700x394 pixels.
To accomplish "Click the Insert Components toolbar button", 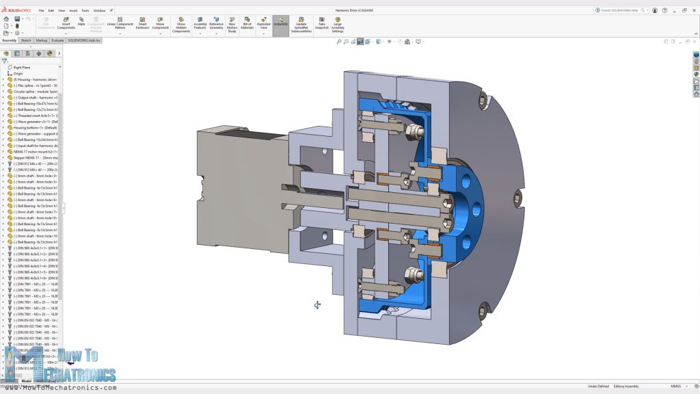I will click(x=66, y=24).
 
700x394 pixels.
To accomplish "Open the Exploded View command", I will click(x=264, y=24).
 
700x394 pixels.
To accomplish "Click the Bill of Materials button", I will click(x=247, y=24).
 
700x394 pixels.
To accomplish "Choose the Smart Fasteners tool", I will click(x=142, y=24).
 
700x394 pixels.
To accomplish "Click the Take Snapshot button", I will click(x=322, y=24).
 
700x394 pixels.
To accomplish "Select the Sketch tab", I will click(x=26, y=40).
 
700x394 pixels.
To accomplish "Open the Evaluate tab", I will click(x=57, y=40).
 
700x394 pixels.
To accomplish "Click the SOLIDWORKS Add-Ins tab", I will click(x=84, y=40).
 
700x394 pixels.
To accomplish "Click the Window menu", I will click(x=99, y=11).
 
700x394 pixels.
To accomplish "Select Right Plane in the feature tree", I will click(x=22, y=68).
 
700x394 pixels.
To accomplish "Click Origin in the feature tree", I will click(x=18, y=73).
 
